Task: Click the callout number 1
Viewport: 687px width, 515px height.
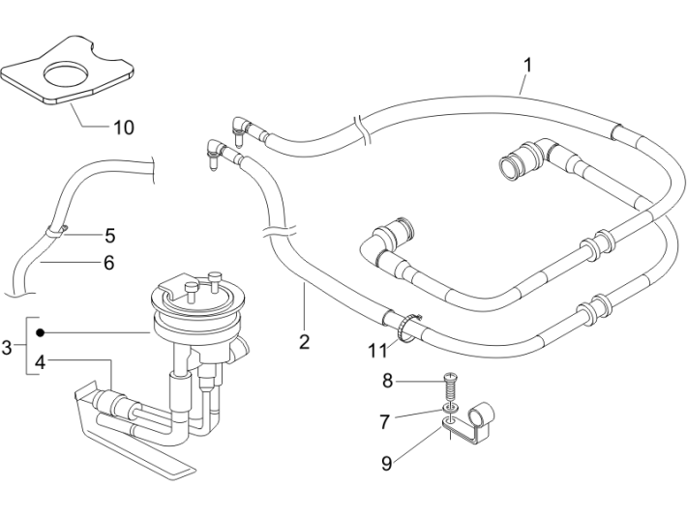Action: (x=528, y=65)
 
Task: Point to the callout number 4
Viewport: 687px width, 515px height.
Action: (x=40, y=362)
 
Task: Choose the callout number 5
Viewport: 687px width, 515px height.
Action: (x=110, y=234)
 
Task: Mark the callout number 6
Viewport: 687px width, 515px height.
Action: (x=108, y=262)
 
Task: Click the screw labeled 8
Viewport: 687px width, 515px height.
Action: (x=448, y=386)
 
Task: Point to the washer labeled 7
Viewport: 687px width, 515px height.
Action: (x=450, y=411)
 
